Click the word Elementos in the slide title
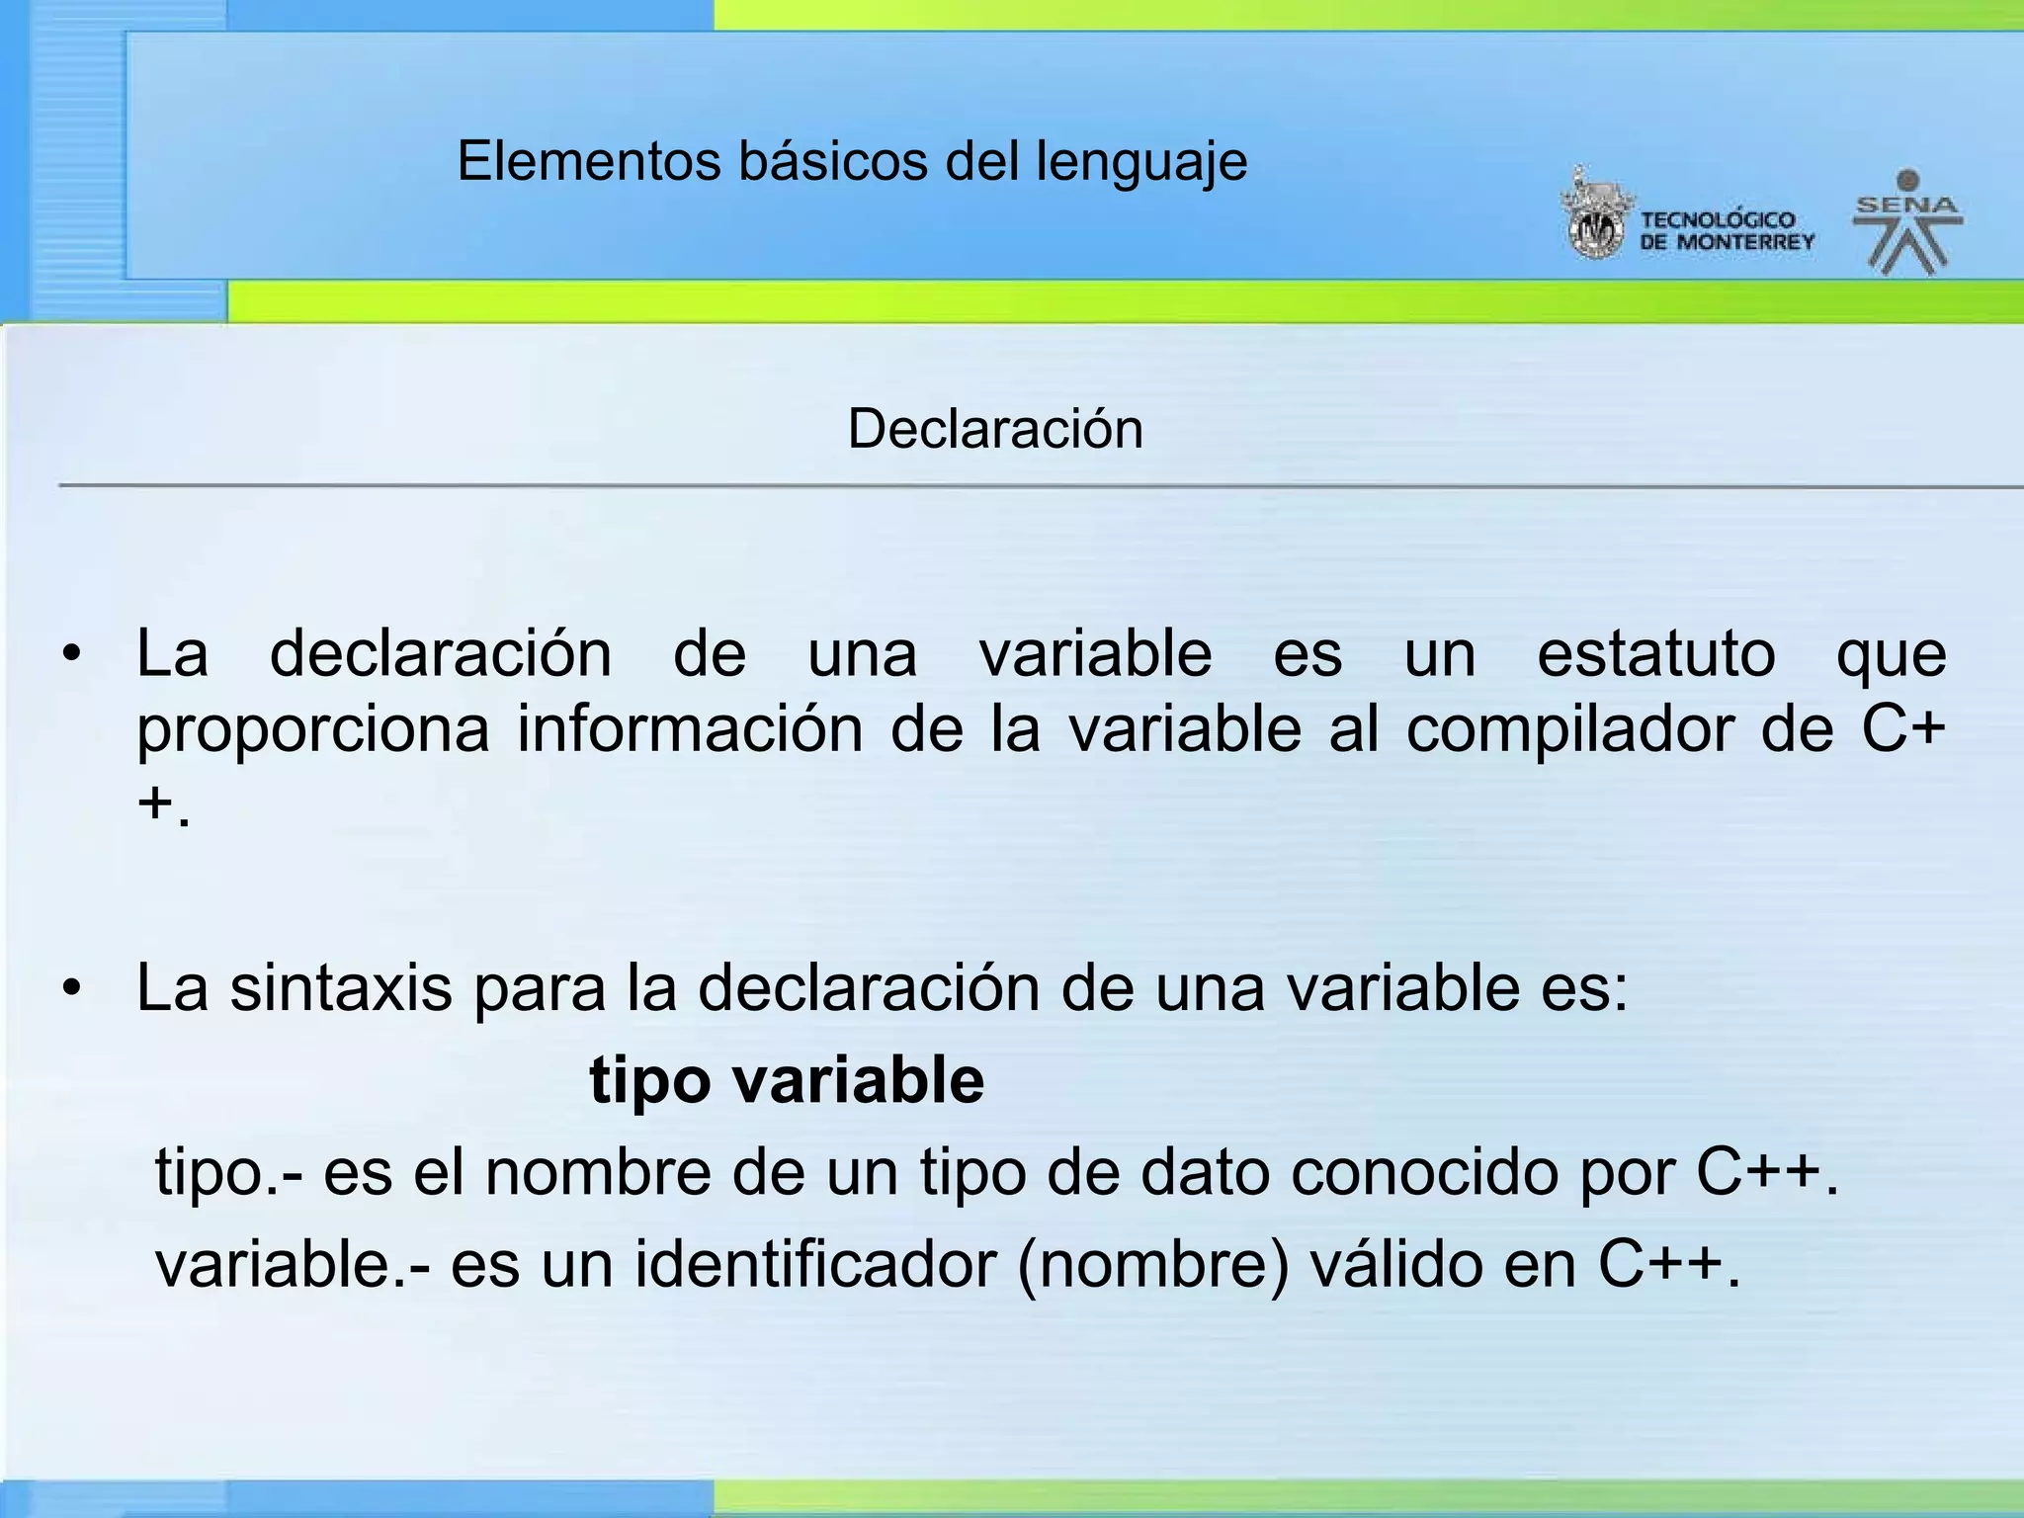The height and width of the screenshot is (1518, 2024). coord(589,161)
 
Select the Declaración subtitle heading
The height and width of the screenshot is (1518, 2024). coord(995,429)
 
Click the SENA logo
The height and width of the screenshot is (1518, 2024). coord(1906,222)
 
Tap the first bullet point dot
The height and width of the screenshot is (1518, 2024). coord(70,655)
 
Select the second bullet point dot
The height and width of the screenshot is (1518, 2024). coord(70,988)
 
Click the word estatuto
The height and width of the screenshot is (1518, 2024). coord(1655,654)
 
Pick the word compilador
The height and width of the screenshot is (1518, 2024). coord(1570,730)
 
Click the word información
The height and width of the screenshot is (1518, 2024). coord(690,730)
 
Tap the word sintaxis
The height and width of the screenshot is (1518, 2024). coord(341,987)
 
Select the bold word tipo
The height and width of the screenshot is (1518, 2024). coord(648,1080)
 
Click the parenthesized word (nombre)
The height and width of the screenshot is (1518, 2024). coord(1152,1264)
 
